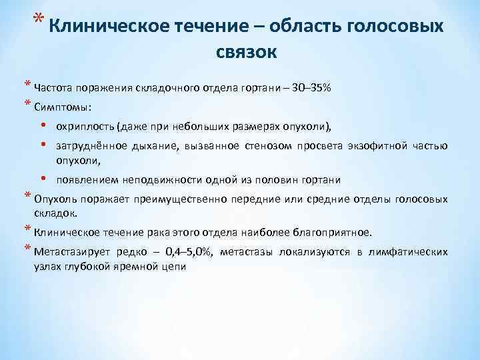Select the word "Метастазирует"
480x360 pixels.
click(x=71, y=251)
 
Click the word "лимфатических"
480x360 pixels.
click(x=410, y=251)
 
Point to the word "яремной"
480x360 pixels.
click(x=136, y=266)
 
